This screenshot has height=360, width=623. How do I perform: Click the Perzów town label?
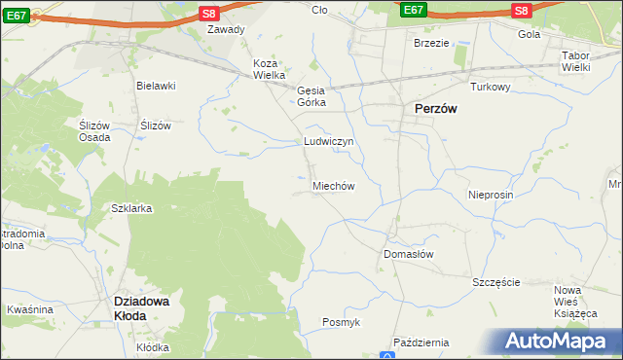point(435,110)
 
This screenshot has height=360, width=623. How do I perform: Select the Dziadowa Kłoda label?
point(143,308)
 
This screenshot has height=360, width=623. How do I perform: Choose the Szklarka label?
point(132,209)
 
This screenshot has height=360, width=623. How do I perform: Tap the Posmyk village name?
point(342,322)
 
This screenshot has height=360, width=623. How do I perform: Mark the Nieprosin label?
point(490,195)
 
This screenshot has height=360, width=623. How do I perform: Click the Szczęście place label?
point(496,282)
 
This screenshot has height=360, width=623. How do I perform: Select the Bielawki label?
point(156,86)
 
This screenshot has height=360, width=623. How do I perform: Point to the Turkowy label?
point(491,87)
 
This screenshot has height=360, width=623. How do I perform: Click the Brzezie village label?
point(431,43)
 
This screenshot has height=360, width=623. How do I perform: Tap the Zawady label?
point(225,29)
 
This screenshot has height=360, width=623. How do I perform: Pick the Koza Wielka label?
point(269,69)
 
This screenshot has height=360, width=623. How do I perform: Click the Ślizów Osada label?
point(94,131)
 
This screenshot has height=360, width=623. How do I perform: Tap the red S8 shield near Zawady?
point(208,13)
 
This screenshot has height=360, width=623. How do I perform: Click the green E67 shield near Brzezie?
point(414,10)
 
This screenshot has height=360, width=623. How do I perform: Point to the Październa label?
point(421,342)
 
